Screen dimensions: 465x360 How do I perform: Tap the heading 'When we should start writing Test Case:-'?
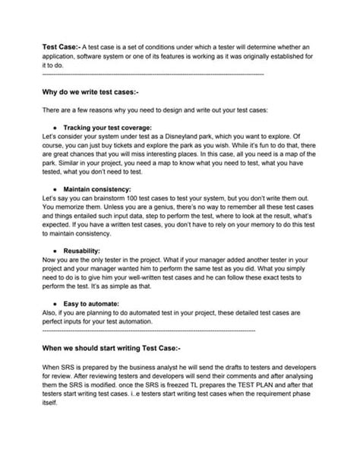111,347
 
